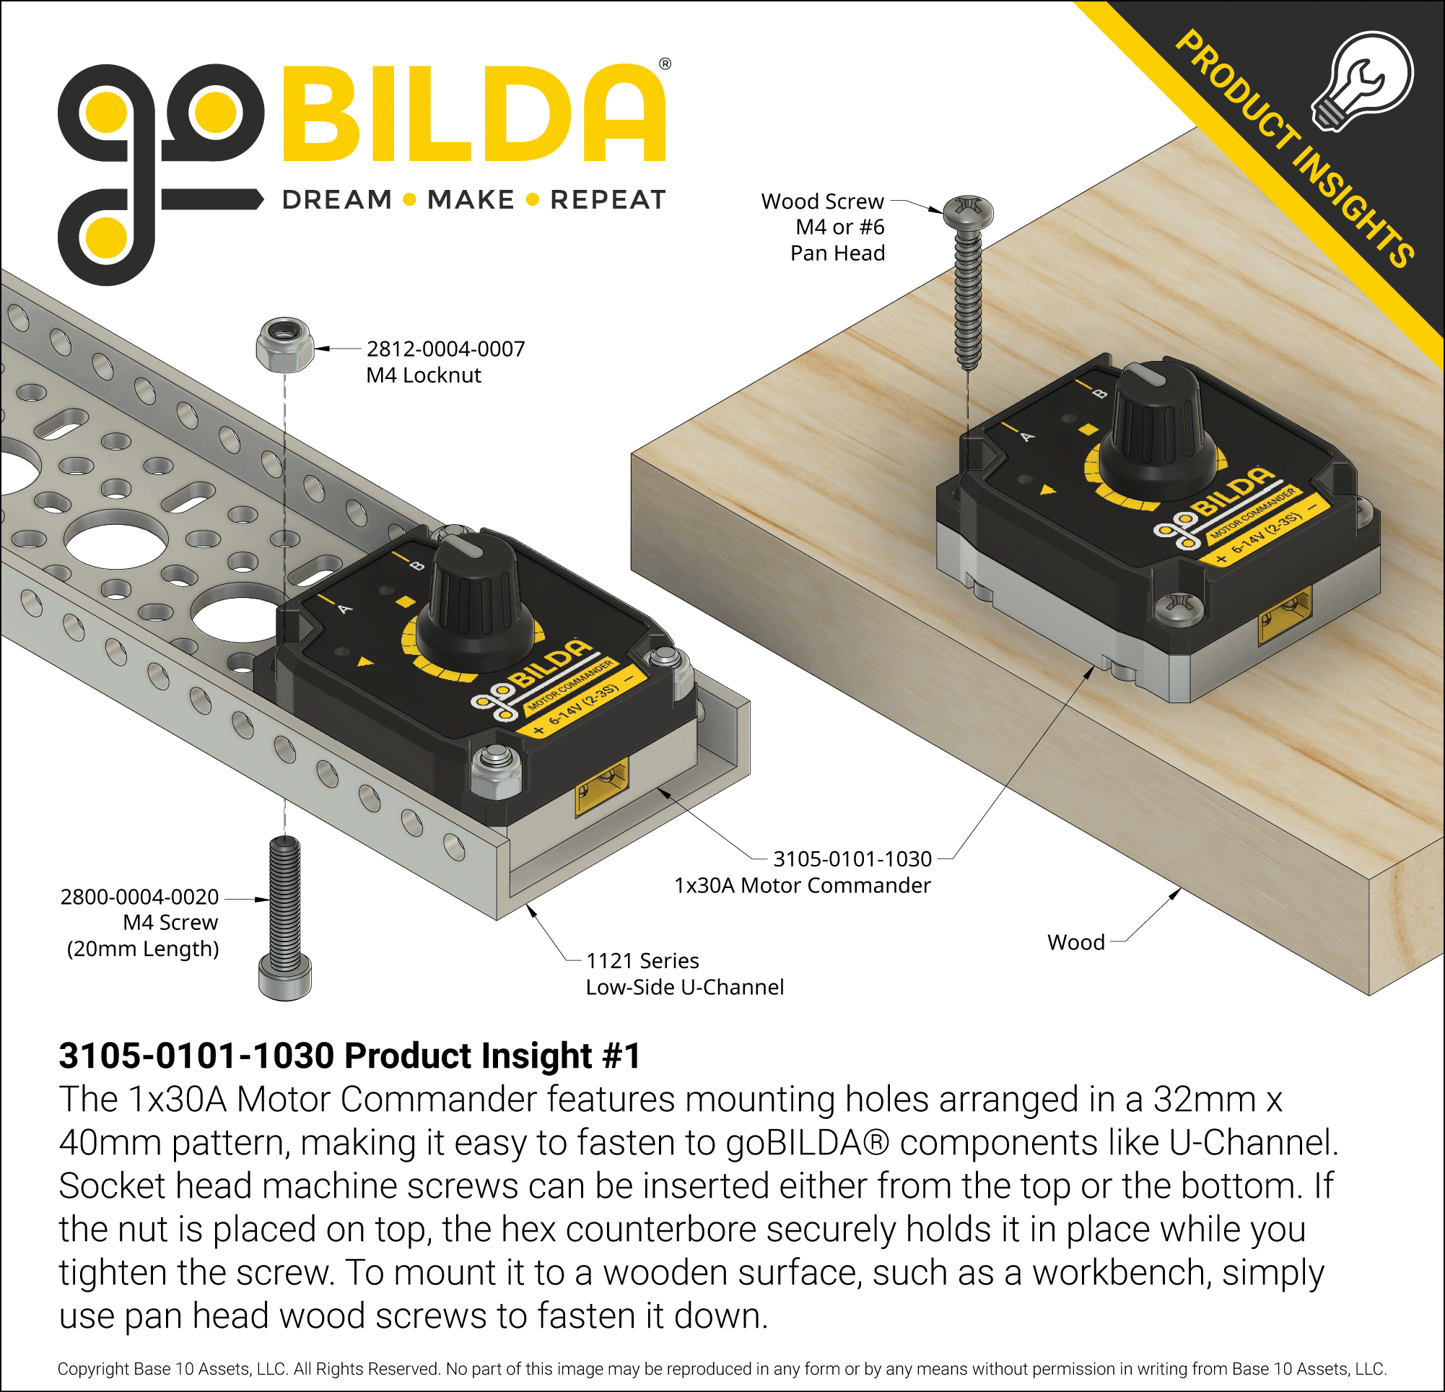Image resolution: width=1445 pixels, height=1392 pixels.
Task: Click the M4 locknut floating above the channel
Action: click(284, 345)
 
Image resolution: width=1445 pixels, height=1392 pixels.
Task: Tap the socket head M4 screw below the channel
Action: click(285, 918)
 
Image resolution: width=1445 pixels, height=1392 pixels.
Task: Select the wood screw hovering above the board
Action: click(969, 280)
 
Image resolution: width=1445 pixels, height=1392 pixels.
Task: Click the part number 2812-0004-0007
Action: click(445, 349)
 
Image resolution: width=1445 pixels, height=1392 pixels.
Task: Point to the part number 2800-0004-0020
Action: click(139, 897)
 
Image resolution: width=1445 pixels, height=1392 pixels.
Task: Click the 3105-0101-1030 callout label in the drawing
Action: click(852, 859)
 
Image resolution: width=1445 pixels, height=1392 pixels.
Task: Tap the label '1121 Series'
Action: click(642, 961)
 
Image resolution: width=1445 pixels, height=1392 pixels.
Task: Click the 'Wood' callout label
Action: click(1075, 942)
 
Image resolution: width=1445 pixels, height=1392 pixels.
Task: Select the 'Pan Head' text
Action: click(837, 253)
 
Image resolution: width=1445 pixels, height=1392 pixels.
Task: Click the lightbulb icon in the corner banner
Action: click(1363, 81)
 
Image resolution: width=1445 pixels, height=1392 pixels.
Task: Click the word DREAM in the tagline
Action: click(337, 200)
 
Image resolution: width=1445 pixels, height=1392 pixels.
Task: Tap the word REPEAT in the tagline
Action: click(608, 200)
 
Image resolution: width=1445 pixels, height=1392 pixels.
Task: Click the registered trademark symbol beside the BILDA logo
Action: click(665, 64)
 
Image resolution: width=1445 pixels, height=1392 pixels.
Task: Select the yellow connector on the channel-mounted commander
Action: click(601, 786)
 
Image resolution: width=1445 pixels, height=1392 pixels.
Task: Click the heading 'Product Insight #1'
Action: click(349, 1055)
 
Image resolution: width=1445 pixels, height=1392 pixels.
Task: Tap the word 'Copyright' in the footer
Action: click(94, 1369)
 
